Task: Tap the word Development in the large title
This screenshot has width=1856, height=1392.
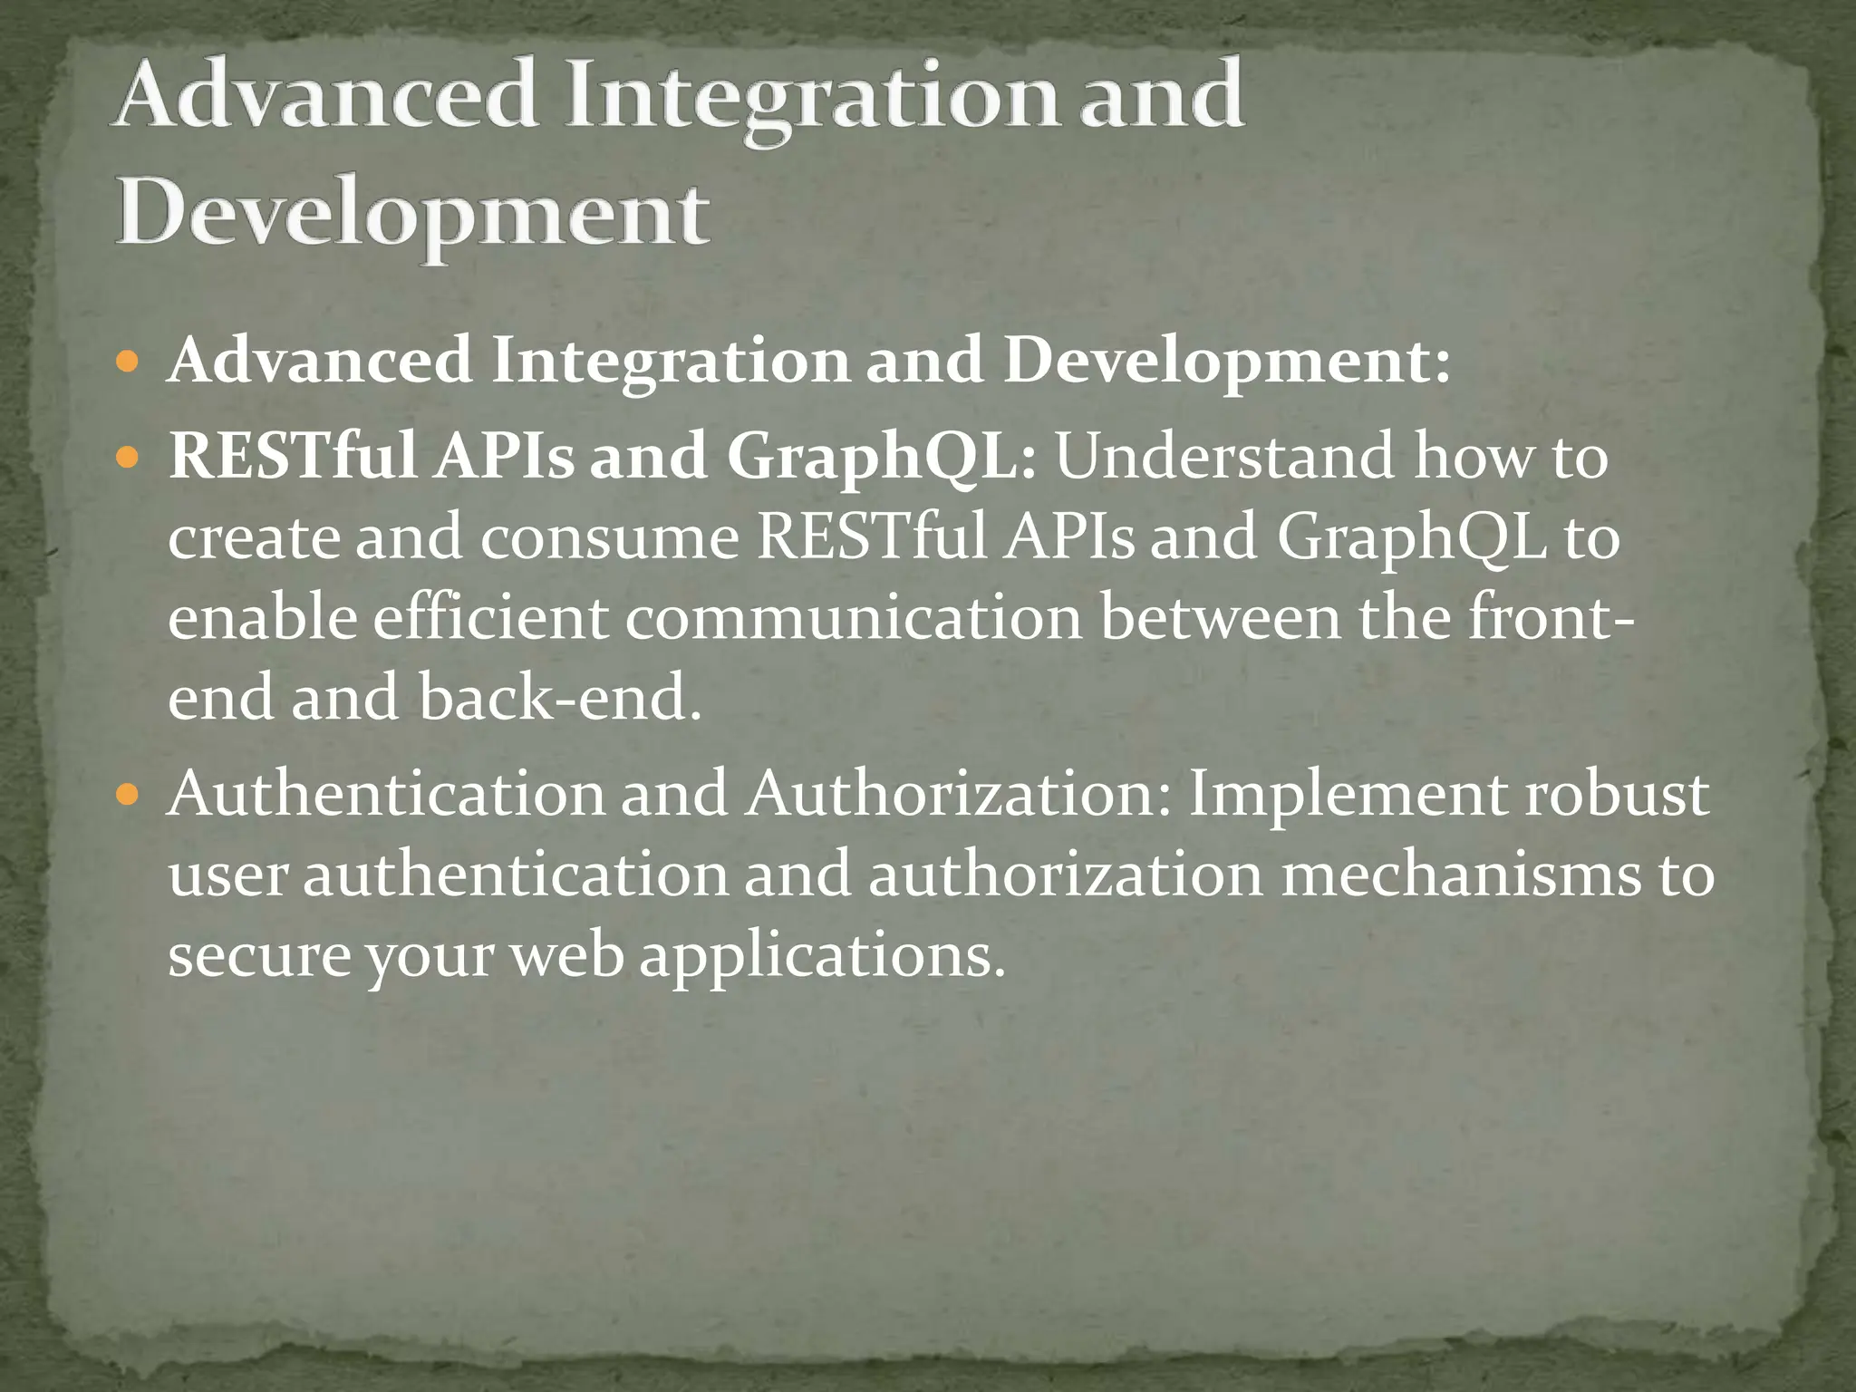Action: [x=412, y=216]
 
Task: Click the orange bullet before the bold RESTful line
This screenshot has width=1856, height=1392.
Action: [x=129, y=455]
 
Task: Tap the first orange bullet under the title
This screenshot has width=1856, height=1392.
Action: [x=129, y=362]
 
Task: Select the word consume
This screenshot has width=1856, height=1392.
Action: [x=609, y=537]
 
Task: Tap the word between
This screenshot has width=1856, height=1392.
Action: [x=1220, y=618]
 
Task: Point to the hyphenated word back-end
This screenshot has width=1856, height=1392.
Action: [x=560, y=699]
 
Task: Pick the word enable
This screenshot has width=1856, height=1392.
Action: [x=262, y=618]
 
